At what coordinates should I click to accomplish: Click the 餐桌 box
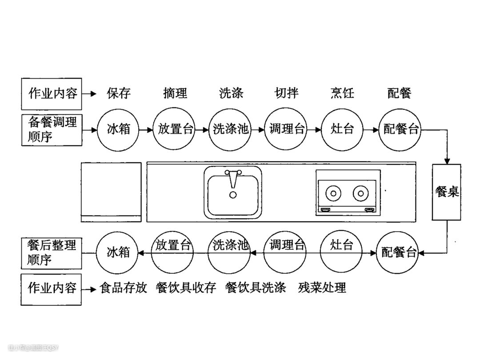pos(447,192)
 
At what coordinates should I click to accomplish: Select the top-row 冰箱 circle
pos(119,129)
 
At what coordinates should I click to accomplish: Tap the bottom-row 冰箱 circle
pos(118,252)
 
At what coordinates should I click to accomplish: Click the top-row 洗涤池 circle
pos(230,129)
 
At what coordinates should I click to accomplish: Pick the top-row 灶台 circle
pos(342,129)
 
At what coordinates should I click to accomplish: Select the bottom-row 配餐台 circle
pos(399,253)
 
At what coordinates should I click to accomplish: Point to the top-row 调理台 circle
pos(287,129)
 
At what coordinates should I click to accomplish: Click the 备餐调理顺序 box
pos(52,129)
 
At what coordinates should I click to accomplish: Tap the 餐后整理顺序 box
pos(52,252)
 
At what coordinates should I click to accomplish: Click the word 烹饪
pos(342,93)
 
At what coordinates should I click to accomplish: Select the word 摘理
pos(175,93)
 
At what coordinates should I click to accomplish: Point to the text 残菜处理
pos(322,288)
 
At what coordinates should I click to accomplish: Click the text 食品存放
pos(123,288)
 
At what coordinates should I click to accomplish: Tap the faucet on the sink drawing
pos(232,178)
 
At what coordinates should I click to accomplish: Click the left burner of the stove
pos(333,193)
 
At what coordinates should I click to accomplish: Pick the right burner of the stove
pos(361,193)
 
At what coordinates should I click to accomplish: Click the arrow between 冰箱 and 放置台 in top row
pos(145,130)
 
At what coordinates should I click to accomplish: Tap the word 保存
pos(119,93)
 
